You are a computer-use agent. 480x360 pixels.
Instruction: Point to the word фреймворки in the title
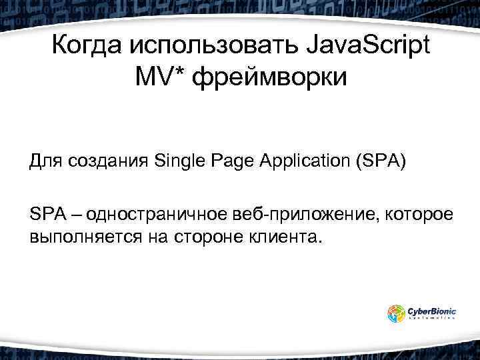270,79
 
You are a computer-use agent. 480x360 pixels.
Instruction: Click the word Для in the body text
44,161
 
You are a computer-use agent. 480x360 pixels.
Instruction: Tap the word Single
178,161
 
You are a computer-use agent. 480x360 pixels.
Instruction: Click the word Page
233,161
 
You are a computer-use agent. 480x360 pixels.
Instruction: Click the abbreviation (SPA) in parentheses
381,161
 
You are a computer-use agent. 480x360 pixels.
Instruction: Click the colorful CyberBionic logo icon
396,313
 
